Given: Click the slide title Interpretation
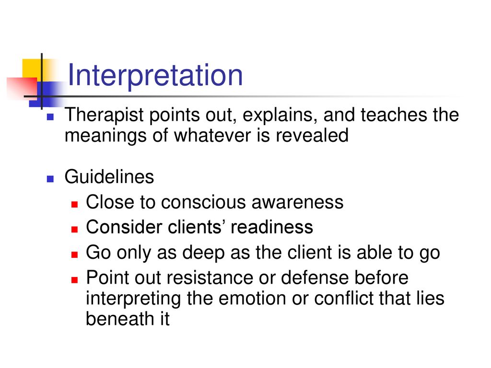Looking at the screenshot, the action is coord(155,75).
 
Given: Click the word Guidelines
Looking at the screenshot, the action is coord(109,176).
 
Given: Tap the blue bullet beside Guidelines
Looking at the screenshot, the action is coord(50,179).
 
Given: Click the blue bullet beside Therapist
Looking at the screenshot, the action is coord(50,117).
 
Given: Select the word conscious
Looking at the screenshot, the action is coord(204,202).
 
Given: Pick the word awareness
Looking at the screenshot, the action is coord(297,202).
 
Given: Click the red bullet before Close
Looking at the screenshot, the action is coord(74,204).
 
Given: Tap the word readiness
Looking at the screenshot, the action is coord(272,227).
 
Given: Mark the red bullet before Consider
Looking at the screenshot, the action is coord(74,230).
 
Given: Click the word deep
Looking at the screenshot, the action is coord(203,253).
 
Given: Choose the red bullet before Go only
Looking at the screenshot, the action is coord(74,254).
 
